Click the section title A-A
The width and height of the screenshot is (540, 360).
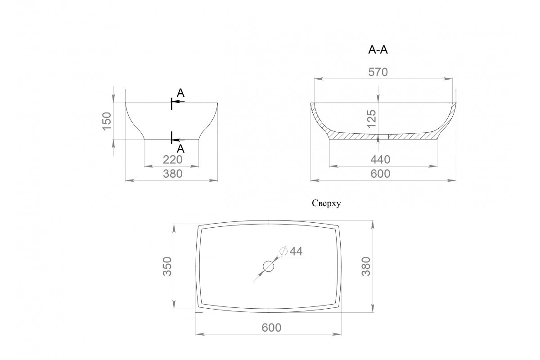(x=378, y=50)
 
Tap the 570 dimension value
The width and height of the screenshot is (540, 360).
(x=378, y=72)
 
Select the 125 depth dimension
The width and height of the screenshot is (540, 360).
(x=371, y=119)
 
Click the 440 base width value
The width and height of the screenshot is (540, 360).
(x=380, y=159)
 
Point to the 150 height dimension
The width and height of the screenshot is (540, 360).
(x=107, y=121)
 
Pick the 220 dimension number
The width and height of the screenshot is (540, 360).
(x=173, y=159)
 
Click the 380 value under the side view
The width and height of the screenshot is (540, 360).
(x=173, y=174)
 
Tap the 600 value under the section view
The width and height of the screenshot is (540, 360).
(x=380, y=174)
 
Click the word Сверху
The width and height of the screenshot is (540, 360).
(x=326, y=203)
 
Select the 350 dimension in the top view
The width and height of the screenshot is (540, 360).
(x=167, y=266)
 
